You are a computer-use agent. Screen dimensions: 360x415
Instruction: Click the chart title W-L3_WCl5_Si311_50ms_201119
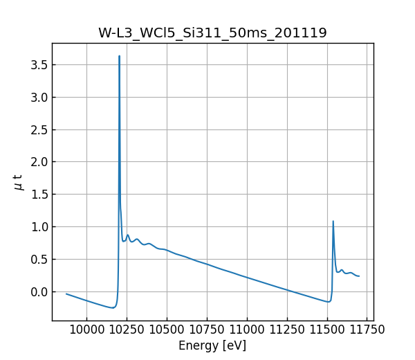(212, 33)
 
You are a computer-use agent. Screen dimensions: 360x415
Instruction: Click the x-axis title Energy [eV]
(212, 345)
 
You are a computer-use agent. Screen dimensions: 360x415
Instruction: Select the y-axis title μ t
(19, 182)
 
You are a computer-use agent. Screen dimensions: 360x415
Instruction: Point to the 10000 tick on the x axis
(87, 330)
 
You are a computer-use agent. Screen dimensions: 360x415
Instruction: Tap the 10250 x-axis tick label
(127, 330)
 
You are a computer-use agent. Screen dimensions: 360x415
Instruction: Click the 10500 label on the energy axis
(167, 330)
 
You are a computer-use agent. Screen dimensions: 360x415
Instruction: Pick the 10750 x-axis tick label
(207, 330)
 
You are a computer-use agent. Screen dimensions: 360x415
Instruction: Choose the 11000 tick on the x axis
(248, 330)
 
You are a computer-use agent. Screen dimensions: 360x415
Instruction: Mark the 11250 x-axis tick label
(288, 330)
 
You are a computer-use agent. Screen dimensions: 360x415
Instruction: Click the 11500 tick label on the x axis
(328, 330)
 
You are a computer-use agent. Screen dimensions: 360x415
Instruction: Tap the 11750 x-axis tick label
(368, 330)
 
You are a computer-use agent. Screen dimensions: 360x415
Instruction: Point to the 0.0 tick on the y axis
(39, 291)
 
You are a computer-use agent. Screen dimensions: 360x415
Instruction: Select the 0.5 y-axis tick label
(39, 259)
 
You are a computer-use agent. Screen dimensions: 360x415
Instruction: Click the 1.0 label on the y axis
(39, 227)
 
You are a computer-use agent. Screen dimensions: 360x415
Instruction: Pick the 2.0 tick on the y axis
(39, 162)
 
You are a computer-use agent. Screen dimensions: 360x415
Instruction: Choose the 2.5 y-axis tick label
(39, 129)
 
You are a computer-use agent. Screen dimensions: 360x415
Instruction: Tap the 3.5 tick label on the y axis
(39, 65)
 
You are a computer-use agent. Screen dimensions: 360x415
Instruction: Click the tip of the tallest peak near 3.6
(120, 56)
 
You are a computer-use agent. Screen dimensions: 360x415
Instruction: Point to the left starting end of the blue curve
(66, 294)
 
